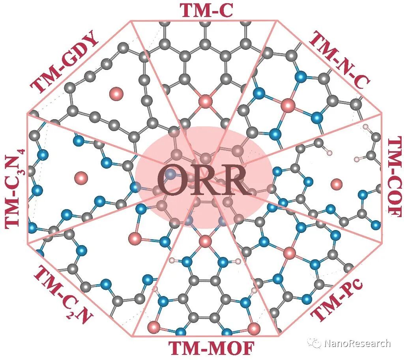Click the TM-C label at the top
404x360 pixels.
pyautogui.click(x=207, y=10)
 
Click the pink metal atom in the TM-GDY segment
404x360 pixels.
pyautogui.click(x=116, y=94)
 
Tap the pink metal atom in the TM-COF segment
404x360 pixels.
pyautogui.click(x=337, y=184)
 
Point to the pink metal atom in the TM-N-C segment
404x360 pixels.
pyautogui.click(x=288, y=105)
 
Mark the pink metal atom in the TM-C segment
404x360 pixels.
pyautogui.click(x=205, y=101)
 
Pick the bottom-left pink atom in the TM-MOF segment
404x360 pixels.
pyautogui.click(x=153, y=327)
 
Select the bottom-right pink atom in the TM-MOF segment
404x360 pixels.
pyautogui.click(x=254, y=328)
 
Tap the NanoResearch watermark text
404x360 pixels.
pyautogui.click(x=357, y=343)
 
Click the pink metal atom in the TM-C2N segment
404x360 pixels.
pyautogui.click(x=135, y=238)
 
